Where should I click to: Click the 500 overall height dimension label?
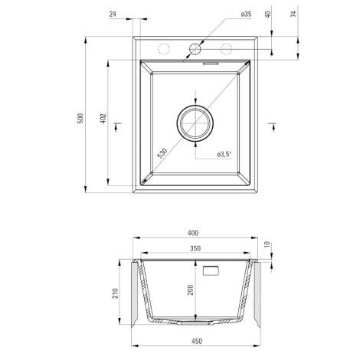coord(80,118)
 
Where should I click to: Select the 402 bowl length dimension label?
coord(103,119)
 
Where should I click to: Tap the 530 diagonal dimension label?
coord(162,153)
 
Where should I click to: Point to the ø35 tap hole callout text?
coord(246,14)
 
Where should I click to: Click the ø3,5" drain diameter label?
coord(224,154)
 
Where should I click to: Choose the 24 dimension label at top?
coord(113,14)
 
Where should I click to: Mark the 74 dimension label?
coord(294,14)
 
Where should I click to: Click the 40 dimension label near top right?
coord(267,14)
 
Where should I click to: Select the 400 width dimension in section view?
coord(193,233)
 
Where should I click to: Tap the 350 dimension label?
coord(195,248)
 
